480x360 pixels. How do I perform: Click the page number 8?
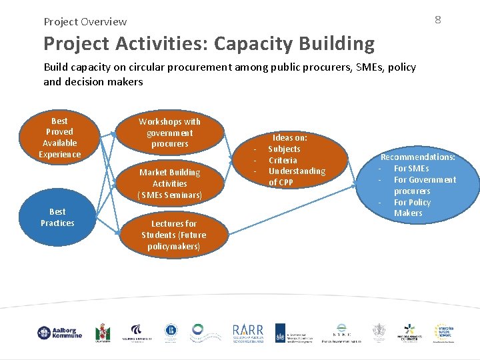tap(437, 19)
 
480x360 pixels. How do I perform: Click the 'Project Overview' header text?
tap(85, 21)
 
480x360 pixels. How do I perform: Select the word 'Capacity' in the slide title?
tap(247, 44)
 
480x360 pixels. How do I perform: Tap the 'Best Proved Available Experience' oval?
tap(59, 138)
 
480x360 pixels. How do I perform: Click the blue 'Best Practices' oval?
tap(57, 217)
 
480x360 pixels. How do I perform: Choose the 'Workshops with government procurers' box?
tap(169, 133)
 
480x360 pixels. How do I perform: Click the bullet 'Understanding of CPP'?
tap(296, 177)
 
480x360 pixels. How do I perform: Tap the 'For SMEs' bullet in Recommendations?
tap(411, 169)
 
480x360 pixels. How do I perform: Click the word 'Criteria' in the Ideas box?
tap(283, 160)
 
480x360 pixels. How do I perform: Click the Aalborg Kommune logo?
tap(59, 333)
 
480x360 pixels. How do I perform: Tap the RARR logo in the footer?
tap(247, 333)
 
